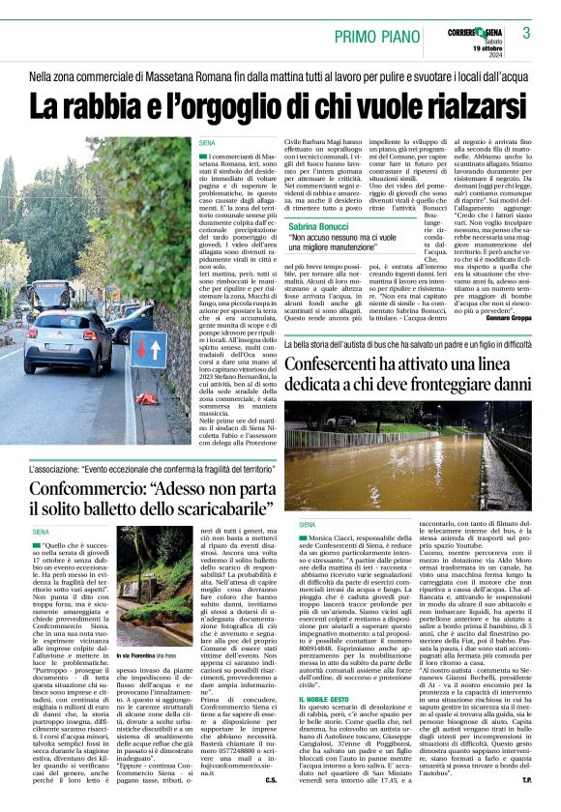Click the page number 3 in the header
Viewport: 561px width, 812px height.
click(526, 33)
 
